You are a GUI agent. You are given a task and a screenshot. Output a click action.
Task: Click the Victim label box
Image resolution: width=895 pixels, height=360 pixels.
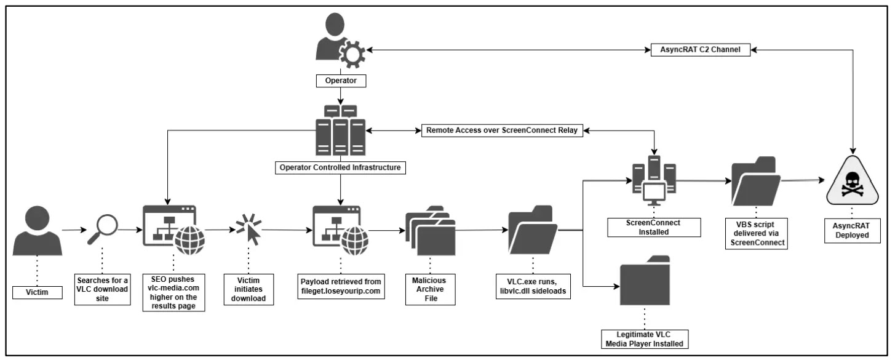point(38,292)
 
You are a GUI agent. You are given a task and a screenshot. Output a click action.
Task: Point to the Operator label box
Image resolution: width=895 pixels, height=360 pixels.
point(340,80)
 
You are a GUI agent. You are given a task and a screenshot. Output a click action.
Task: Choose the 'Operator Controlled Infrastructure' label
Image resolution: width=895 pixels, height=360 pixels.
point(340,167)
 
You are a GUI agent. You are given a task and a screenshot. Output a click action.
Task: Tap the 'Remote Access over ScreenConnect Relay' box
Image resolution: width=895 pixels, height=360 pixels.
point(502,130)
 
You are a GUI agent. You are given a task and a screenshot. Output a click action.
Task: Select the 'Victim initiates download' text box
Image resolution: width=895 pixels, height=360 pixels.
point(249,287)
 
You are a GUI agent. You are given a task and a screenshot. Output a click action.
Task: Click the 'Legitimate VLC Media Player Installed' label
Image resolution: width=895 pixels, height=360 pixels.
point(643,339)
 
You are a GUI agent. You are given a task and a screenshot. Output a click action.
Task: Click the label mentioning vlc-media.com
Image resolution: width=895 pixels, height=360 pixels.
point(173,293)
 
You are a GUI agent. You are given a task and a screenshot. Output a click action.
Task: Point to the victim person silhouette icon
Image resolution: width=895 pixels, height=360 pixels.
point(38,231)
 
